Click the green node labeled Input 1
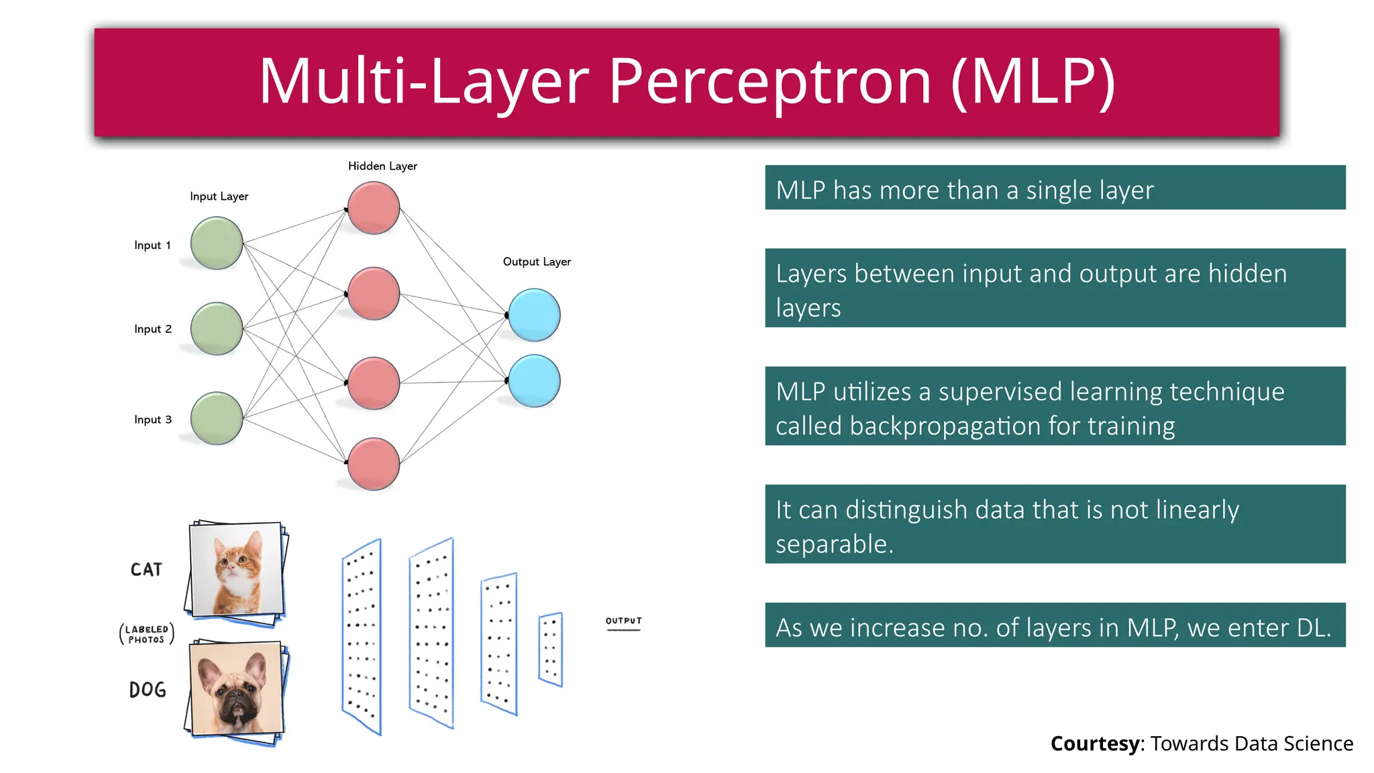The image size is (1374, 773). point(216,243)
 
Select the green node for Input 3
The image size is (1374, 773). point(216,419)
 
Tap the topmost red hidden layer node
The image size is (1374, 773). point(374,208)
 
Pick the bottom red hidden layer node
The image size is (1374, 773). point(374,464)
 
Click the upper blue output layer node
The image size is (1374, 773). point(534,315)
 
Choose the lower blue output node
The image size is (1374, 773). point(534,381)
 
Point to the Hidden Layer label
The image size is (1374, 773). point(382,166)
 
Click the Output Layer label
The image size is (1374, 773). point(537,262)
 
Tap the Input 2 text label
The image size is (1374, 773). point(153,329)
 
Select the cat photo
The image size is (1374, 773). point(236,569)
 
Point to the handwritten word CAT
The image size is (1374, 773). point(146,570)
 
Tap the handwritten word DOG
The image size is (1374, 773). point(148,690)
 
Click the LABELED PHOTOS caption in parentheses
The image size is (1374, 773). point(147,634)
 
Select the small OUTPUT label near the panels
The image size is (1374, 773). point(623,621)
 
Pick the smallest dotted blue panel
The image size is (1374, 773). point(550,650)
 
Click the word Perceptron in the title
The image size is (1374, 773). point(770,81)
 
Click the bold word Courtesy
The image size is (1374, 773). point(1094,743)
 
